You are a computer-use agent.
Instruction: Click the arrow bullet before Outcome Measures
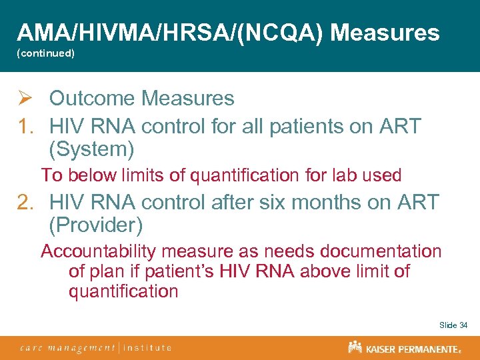pos(25,99)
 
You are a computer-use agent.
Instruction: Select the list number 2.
pos(25,201)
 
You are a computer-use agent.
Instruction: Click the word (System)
pos(92,149)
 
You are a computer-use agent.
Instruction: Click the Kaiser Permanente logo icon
pos(355,347)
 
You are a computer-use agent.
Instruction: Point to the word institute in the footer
pos(147,347)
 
